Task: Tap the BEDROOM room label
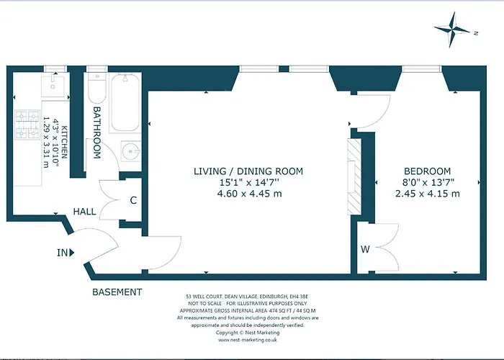point(427,171)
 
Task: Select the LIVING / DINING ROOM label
point(248,171)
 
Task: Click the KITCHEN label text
point(64,142)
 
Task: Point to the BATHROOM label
point(96,132)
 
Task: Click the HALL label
point(84,212)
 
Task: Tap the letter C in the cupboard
point(133,200)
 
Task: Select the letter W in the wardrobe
point(365,249)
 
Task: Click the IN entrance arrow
point(72,253)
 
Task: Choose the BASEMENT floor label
point(117,292)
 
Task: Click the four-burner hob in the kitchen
point(27,125)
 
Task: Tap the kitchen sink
point(53,86)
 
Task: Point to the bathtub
point(125,102)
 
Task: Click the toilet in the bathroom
point(97,88)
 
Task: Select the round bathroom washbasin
point(131,150)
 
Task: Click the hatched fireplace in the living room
point(354,177)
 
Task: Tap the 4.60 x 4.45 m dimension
point(249,194)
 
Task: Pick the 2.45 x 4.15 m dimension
point(427,194)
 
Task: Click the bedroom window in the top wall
point(421,69)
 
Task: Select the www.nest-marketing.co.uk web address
point(247,340)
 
